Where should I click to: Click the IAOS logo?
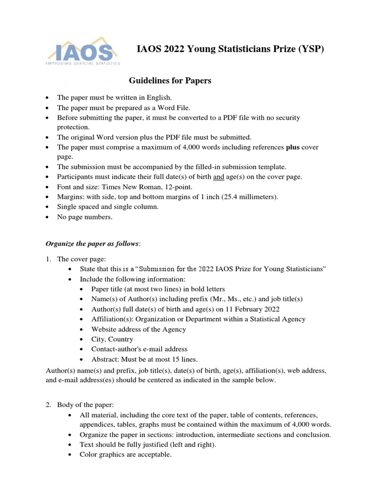[x=83, y=52]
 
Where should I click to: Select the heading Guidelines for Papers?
[x=170, y=80]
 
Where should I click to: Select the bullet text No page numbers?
[x=85, y=217]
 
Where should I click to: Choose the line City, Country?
[x=112, y=339]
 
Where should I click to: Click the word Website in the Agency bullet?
[x=104, y=329]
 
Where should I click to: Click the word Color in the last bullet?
[x=89, y=454]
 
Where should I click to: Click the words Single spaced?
[x=79, y=207]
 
